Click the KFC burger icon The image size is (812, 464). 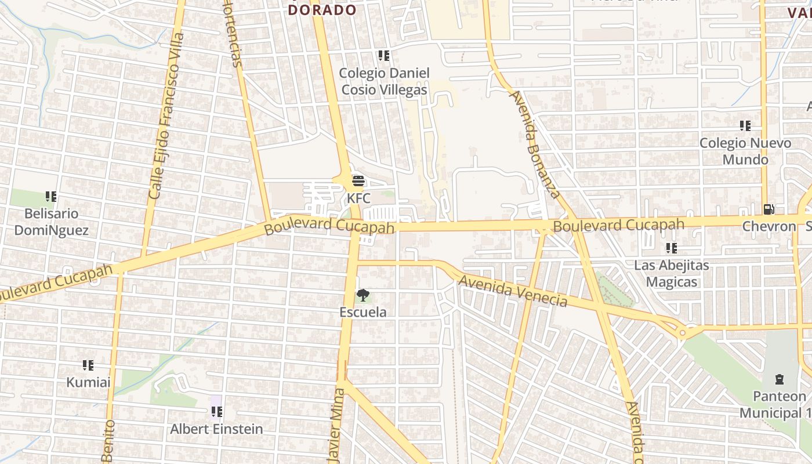[358, 181]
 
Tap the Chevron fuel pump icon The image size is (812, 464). [768, 209]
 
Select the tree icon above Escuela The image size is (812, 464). [363, 295]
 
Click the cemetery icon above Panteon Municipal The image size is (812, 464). [779, 380]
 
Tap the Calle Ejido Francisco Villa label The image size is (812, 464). [166, 116]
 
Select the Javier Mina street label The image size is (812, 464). [336, 426]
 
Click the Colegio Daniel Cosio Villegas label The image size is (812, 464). [384, 81]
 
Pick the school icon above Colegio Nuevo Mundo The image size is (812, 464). [745, 126]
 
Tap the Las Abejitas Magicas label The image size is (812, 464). [672, 274]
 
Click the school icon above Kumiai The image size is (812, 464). [88, 365]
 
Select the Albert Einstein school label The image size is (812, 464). [216, 429]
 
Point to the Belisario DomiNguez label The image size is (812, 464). [51, 222]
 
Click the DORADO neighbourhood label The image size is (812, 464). [322, 10]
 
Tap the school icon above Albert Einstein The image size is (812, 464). [217, 412]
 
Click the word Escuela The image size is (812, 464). [363, 312]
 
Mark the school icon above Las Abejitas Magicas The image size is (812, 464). [672, 248]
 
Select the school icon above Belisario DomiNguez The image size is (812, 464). [51, 197]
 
